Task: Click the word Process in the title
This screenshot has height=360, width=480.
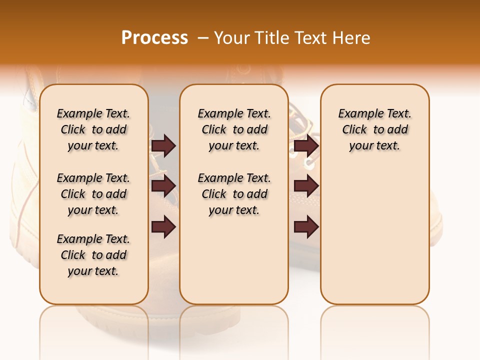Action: tap(154, 38)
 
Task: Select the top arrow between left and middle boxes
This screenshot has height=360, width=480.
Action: tap(163, 145)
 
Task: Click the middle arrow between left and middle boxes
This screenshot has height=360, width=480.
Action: tap(163, 186)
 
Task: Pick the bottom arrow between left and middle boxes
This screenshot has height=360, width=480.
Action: tap(163, 227)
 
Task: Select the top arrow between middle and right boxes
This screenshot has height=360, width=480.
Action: tap(306, 145)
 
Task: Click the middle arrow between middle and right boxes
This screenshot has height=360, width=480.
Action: tap(306, 186)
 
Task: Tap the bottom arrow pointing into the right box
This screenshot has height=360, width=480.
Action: tap(306, 227)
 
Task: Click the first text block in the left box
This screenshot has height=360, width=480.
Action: tap(93, 129)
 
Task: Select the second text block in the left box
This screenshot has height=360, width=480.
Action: tap(93, 194)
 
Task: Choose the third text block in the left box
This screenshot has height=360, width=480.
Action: tap(93, 255)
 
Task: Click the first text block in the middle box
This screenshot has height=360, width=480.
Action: tap(234, 129)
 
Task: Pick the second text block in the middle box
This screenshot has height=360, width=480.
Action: tap(234, 194)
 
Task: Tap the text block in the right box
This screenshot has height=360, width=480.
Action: tap(374, 129)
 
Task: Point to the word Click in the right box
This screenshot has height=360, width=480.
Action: tap(354, 130)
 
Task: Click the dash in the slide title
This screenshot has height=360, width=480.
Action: tap(202, 38)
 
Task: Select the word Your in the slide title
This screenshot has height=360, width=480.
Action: tap(233, 38)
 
